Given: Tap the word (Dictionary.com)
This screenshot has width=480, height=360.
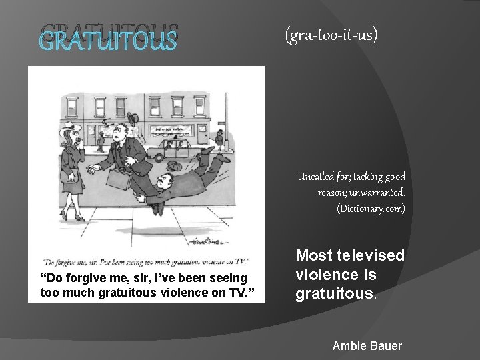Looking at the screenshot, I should click(x=371, y=209).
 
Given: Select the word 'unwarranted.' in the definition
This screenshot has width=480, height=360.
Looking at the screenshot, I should click(x=382, y=193).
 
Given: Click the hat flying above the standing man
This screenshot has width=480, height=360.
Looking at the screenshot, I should click(x=133, y=119).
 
